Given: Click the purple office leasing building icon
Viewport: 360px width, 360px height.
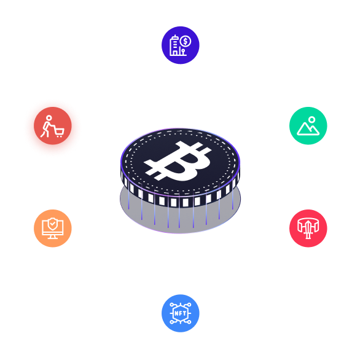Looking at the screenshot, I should tap(180, 45).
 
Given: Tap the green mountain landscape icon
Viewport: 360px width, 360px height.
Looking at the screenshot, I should tap(308, 125).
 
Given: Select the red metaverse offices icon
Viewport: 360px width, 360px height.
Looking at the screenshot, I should tap(308, 228).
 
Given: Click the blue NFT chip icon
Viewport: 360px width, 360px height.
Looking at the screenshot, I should tap(180, 313).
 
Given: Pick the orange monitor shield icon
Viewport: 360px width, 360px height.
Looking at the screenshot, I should tap(52, 228).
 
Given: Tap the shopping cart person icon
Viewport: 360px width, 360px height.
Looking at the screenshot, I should tap(52, 126).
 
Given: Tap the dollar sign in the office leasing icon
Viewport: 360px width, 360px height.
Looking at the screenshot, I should tap(186, 41).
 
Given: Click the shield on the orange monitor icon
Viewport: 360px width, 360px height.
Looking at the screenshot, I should tap(52, 225).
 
